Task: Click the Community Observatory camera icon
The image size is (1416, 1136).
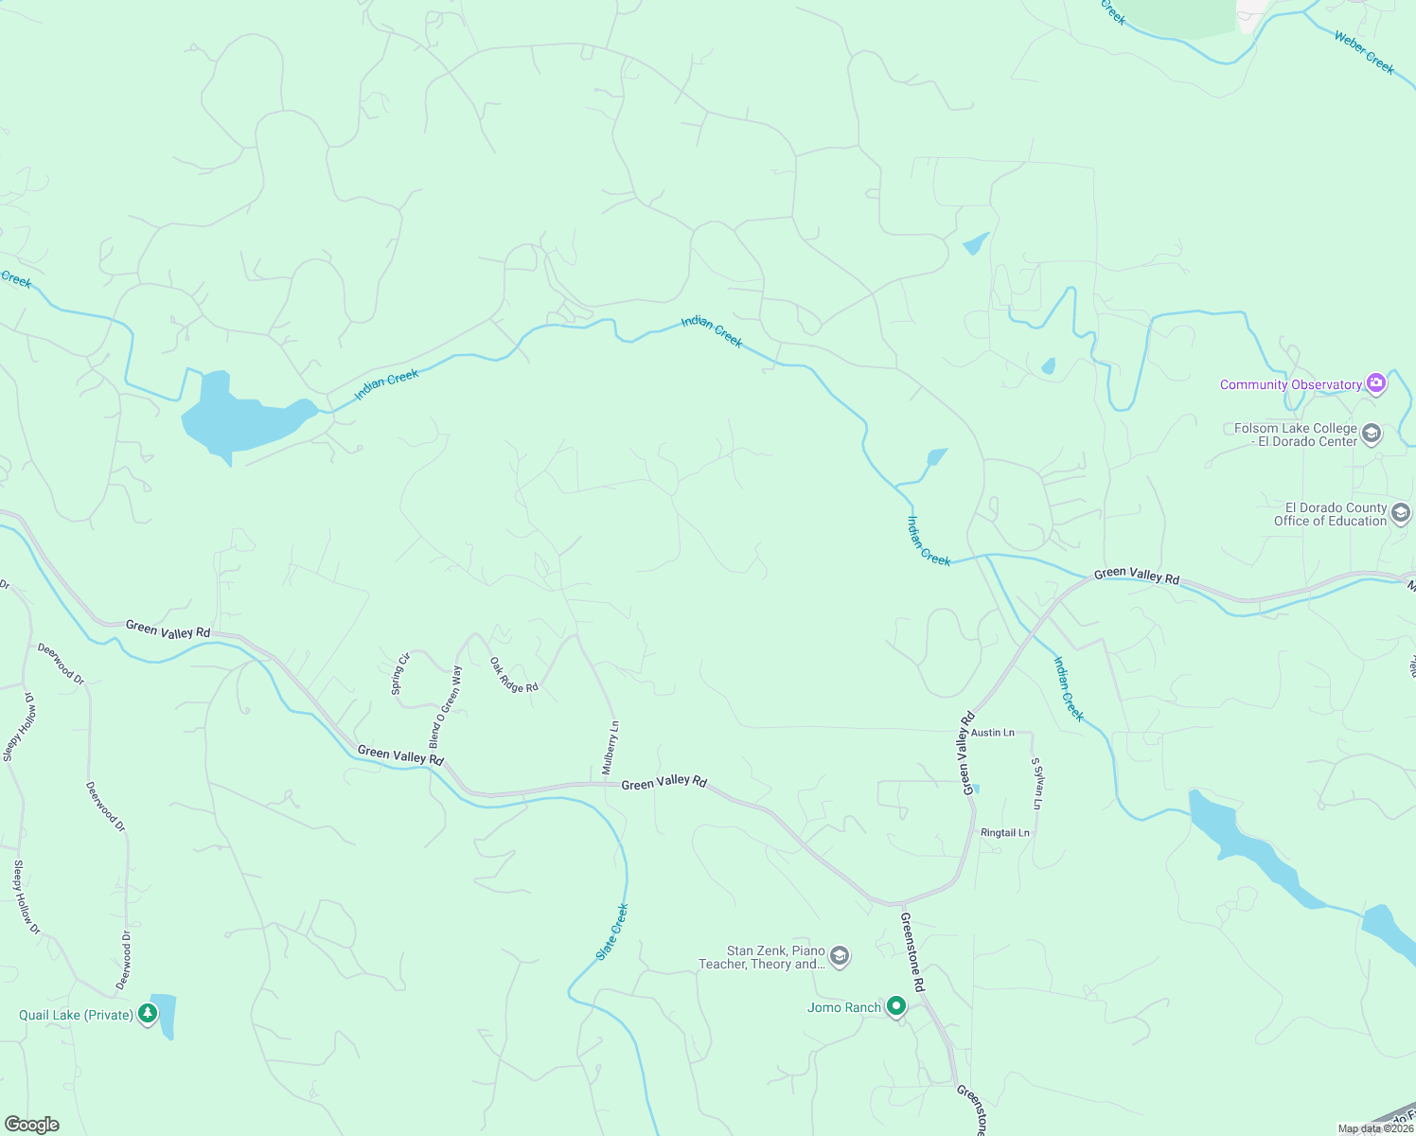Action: point(1376,383)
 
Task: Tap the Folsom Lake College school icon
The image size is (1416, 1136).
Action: point(1372,435)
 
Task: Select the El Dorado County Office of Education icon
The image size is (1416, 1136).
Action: point(1401,513)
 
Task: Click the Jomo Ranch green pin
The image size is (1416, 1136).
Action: point(895,1007)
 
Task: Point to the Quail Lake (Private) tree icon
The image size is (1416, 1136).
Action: point(147,1015)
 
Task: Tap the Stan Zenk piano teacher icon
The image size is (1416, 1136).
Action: point(839,957)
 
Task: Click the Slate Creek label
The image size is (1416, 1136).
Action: point(612,932)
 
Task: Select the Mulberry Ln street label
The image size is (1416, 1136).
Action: point(611,748)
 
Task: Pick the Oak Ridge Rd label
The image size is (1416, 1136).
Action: point(514,675)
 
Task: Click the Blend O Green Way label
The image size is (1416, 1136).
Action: point(446,705)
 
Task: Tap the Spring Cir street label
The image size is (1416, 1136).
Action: point(400,674)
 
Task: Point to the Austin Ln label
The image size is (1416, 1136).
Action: point(992,733)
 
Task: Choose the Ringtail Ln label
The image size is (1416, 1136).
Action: point(1004,833)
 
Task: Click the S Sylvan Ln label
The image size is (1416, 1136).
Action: point(1036,783)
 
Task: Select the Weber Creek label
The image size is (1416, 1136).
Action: point(1363,52)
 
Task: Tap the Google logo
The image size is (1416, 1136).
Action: point(31,1125)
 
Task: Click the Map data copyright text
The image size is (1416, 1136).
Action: point(1375,1128)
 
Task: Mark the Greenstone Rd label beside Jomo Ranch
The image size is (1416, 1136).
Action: point(912,951)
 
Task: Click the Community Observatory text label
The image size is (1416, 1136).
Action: point(1290,384)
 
